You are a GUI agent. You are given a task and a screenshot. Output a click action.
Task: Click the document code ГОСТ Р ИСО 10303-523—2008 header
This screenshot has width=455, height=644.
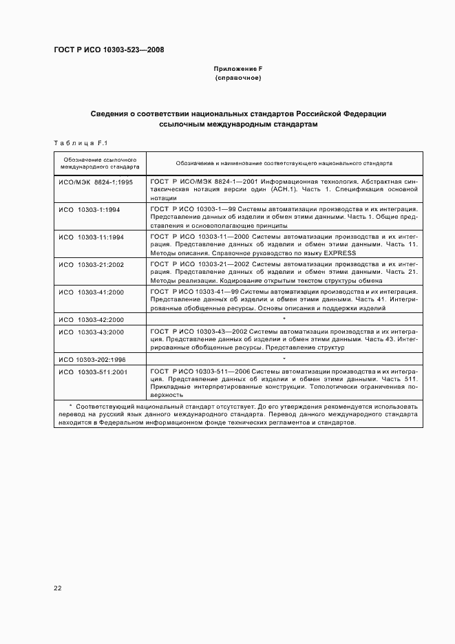(109, 50)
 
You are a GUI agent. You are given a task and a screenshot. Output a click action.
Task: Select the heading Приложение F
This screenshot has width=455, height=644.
(238, 69)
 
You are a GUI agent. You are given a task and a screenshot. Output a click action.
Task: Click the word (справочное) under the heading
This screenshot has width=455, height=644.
(238, 78)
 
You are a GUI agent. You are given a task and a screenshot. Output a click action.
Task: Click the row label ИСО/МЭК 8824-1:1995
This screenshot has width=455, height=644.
(96, 182)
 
